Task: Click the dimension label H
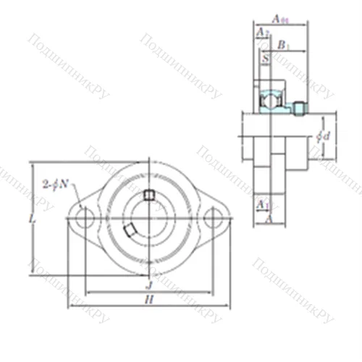[148, 298]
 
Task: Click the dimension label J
[148, 286]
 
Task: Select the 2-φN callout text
[56, 183]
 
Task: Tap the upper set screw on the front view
[149, 195]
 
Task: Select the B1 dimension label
[284, 46]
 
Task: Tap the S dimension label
[266, 56]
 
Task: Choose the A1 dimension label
[263, 205]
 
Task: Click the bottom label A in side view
[268, 218]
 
